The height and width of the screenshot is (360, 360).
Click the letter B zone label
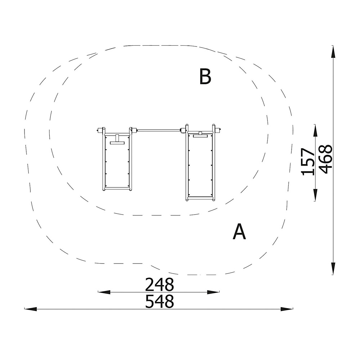tap(205, 76)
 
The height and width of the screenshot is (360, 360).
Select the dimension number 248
tap(159, 284)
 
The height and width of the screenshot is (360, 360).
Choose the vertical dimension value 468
tap(326, 159)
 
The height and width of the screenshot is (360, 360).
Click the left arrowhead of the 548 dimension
tap(31, 309)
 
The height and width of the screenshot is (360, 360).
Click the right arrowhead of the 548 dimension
tap(287, 309)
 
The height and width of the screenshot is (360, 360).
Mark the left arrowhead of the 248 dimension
tap(104, 292)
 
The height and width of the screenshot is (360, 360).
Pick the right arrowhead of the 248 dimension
tap(213, 292)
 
